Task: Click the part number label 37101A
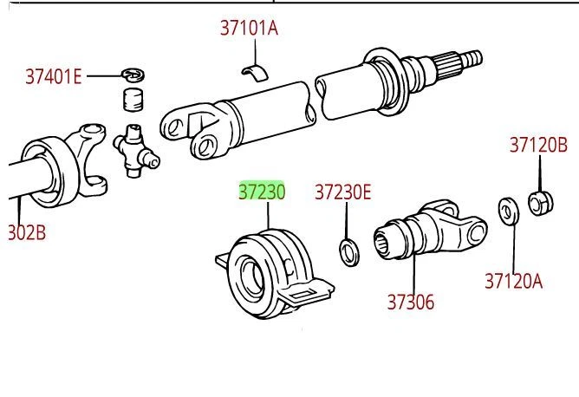249,29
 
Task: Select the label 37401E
53,77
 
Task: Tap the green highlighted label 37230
262,192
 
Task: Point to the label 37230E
342,192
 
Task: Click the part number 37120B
537,145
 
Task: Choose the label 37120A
513,280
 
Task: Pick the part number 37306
411,302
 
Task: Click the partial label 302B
26,232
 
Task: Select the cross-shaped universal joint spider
135,148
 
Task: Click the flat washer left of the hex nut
507,211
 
